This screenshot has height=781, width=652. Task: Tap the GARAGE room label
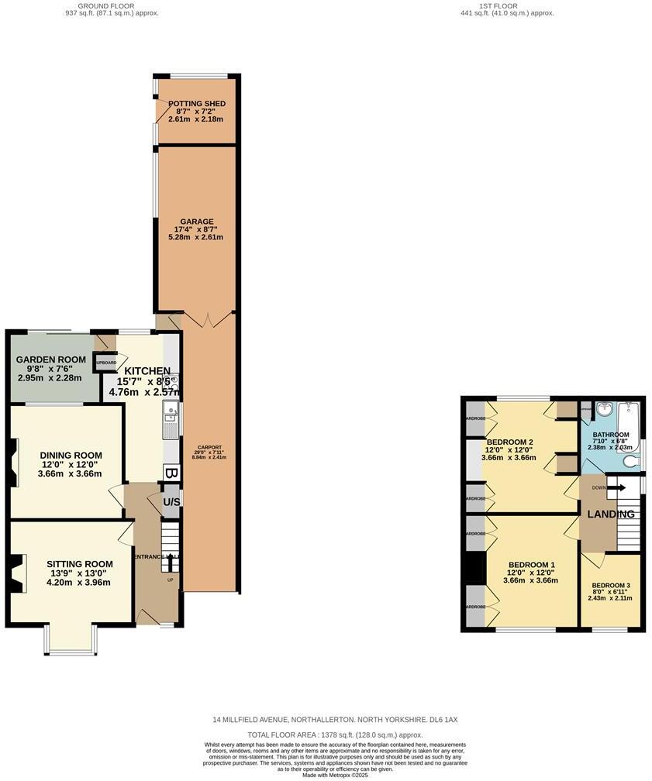click(195, 222)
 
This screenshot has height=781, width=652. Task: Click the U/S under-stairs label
click(171, 502)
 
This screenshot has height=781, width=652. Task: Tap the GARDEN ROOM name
click(51, 360)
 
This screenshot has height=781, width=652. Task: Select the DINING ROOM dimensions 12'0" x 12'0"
click(69, 464)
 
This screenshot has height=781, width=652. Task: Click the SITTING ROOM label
click(79, 564)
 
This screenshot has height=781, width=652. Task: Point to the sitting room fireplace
click(16, 573)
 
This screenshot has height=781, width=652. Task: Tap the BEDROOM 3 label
click(611, 586)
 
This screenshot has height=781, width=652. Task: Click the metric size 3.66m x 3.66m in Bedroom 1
click(530, 580)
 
